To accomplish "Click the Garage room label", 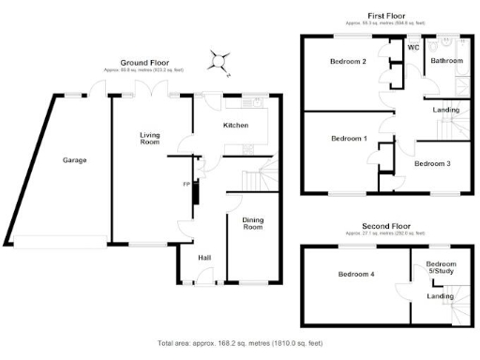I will point(75,160).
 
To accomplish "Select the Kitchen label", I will point(234,125).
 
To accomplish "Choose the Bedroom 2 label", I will point(348,62).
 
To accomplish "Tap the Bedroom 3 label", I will point(432,163).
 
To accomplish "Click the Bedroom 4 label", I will point(357,275).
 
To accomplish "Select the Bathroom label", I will point(446,61).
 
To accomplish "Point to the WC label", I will point(412,47).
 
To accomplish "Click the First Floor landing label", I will point(445,111).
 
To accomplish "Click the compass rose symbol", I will point(220,61).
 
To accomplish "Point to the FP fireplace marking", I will point(186,184).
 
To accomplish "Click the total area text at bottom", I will point(240,342).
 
